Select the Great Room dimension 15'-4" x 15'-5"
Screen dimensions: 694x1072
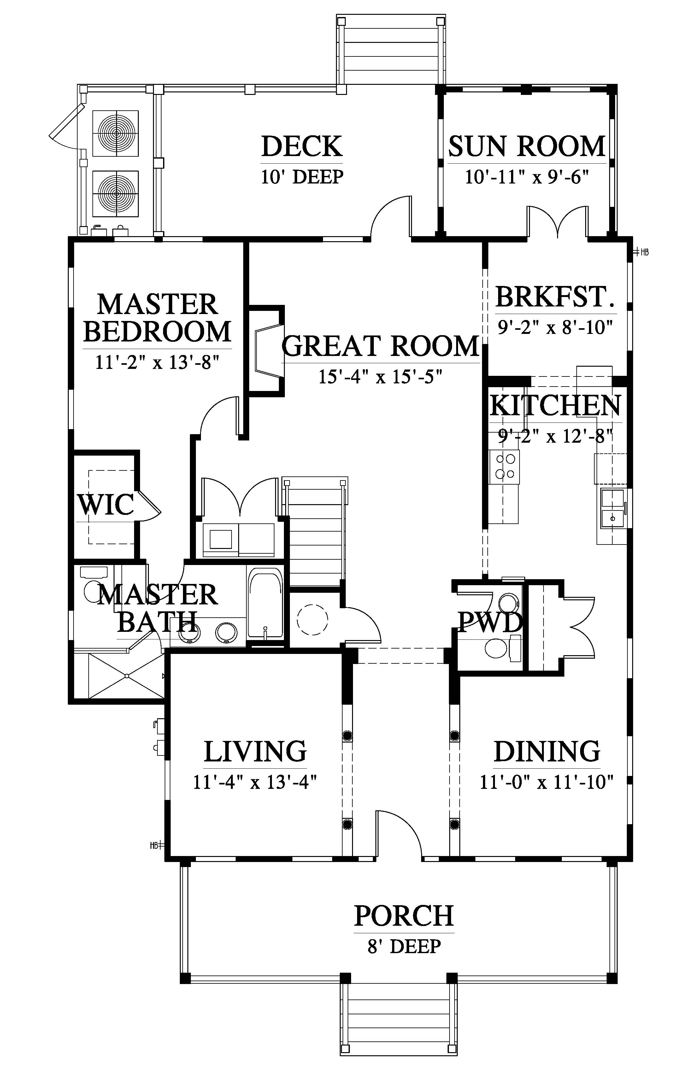point(379,376)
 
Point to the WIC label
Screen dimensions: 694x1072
point(106,504)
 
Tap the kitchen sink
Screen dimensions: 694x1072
point(613,508)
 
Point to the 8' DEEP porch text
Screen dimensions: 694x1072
point(404,946)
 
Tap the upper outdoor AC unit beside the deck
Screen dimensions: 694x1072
point(115,133)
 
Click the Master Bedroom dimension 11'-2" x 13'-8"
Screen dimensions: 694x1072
point(157,362)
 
